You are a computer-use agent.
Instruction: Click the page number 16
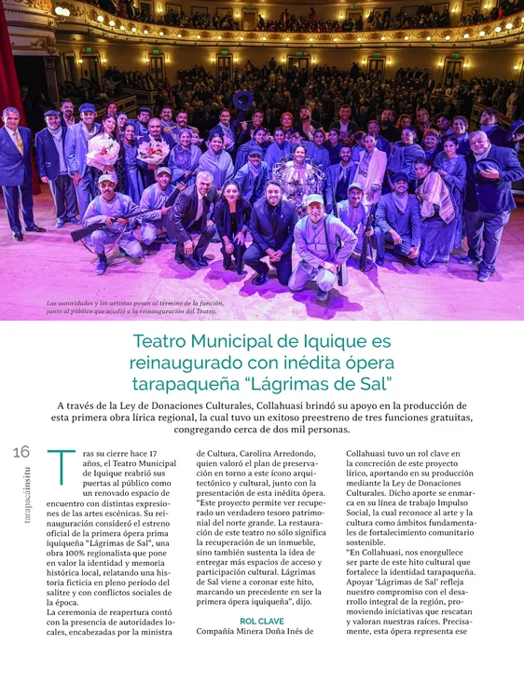[22, 453]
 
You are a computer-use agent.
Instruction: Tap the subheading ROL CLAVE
[261, 620]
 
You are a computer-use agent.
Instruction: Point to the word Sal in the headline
[371, 384]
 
